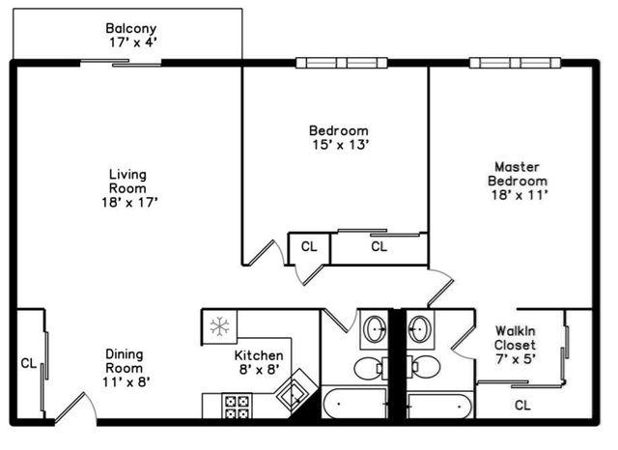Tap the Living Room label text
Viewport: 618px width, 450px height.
(x=127, y=182)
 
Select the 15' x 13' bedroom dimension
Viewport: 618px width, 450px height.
(x=338, y=146)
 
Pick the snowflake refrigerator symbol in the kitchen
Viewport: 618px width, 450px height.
(x=220, y=326)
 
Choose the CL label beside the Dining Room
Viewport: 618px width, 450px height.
(x=28, y=364)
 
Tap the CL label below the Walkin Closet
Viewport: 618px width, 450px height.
(x=522, y=405)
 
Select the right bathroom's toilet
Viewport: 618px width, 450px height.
(x=423, y=367)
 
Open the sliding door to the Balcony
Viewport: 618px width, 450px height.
(x=121, y=64)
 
